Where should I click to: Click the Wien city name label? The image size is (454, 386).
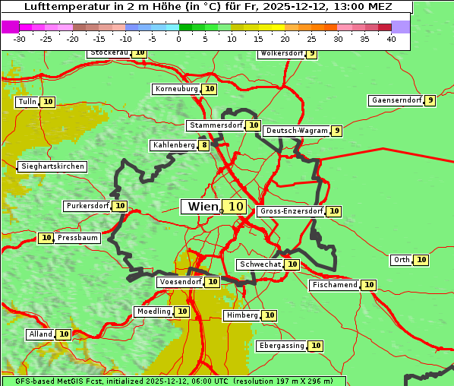tap(202, 207)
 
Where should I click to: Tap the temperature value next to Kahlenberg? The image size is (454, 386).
tap(204, 145)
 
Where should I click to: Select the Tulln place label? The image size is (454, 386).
tap(27, 102)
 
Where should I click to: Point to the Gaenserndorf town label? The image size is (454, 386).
tap(395, 100)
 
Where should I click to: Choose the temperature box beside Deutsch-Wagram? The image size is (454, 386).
tap(336, 131)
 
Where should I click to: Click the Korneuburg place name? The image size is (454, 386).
tap(177, 89)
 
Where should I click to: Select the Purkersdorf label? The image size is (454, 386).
tap(87, 206)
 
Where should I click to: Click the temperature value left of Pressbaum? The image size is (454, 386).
tap(46, 238)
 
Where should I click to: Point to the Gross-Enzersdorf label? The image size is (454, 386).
tap(292, 211)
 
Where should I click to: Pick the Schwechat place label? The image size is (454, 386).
tap(260, 264)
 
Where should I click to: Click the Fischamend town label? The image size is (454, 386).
tap(334, 285)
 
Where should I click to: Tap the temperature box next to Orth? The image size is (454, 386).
tap(421, 260)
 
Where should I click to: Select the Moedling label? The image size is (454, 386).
tap(153, 312)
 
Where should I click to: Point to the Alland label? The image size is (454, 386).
tap(41, 334)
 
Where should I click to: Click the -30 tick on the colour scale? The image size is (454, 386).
tap(20, 39)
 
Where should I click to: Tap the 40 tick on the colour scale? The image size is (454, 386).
tap(391, 39)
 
